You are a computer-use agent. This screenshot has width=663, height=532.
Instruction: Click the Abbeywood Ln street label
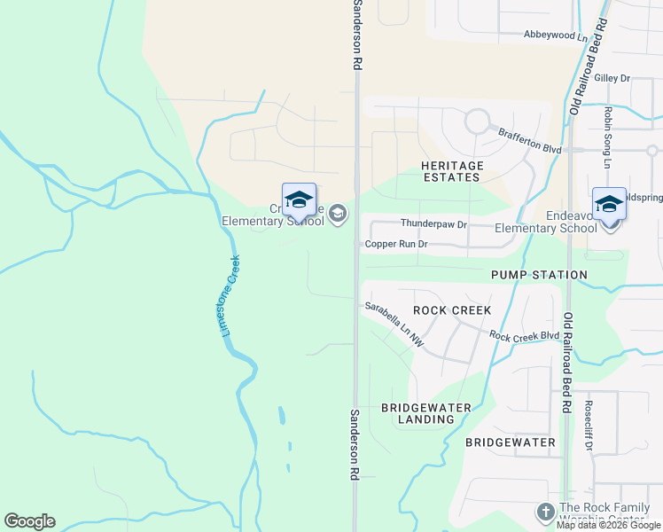tap(556, 35)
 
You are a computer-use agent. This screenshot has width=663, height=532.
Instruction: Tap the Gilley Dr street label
tap(612, 78)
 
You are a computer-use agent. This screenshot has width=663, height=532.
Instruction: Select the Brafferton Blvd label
tap(530, 141)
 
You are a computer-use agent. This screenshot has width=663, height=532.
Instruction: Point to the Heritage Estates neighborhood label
tap(452, 172)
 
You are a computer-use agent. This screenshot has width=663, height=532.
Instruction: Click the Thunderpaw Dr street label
tap(433, 224)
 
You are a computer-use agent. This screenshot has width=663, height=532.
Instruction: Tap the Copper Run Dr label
tap(396, 244)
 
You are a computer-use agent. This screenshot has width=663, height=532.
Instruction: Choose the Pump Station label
tap(540, 275)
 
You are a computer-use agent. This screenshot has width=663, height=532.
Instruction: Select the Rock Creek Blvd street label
tap(525, 336)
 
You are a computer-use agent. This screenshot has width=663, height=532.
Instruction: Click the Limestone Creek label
tap(230, 295)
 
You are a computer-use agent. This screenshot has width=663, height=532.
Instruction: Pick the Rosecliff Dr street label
tap(589, 426)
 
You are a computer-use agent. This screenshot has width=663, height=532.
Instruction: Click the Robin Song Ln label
tap(608, 137)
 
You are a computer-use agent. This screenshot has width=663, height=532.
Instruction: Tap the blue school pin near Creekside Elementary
tap(299, 200)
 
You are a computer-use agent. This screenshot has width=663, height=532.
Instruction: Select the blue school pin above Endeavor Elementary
tap(609, 204)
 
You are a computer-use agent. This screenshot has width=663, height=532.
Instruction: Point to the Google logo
tap(29, 521)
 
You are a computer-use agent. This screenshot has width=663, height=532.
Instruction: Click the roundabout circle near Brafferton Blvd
tap(478, 120)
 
